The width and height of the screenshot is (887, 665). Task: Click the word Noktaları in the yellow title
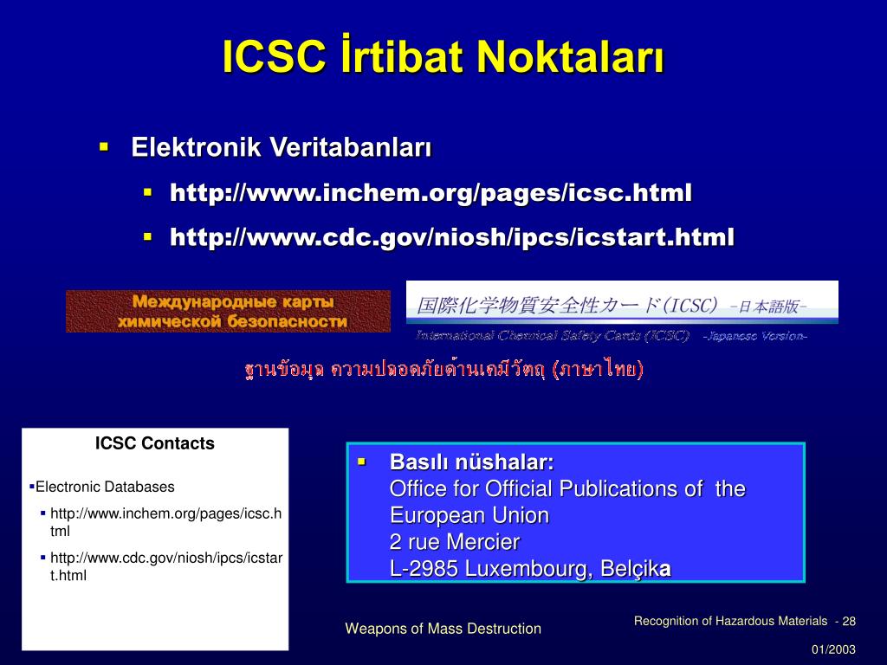(x=570, y=56)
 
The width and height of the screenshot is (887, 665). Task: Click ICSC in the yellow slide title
(x=275, y=56)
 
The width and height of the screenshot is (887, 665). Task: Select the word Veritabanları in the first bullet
(x=350, y=147)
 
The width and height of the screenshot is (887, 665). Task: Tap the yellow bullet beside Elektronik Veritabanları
(x=104, y=147)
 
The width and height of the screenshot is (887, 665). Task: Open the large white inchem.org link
(x=431, y=193)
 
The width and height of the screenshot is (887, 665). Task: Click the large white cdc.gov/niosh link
(x=452, y=237)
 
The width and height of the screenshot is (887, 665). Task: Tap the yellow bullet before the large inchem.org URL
(x=148, y=193)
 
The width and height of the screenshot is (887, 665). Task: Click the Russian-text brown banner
(x=228, y=311)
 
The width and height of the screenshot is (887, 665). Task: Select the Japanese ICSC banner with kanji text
(x=622, y=303)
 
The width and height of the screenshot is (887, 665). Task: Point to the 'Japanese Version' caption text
(x=754, y=336)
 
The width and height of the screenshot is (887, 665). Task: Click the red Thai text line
(x=444, y=369)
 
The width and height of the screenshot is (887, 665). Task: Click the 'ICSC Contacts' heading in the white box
(x=155, y=443)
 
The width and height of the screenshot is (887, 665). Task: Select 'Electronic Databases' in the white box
(x=105, y=487)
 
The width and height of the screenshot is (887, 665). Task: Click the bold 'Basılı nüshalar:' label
(x=472, y=462)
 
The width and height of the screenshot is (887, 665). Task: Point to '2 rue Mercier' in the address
(x=454, y=542)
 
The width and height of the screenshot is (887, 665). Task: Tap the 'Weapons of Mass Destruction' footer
(x=443, y=629)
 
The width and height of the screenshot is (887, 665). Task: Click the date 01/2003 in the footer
(x=834, y=649)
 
